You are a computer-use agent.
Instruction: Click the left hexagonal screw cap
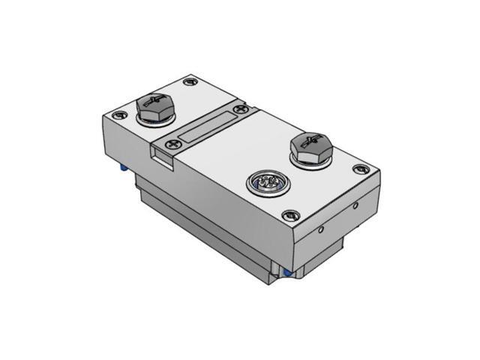[155, 106]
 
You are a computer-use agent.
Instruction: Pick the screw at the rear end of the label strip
[241, 109]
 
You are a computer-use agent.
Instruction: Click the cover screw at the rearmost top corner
[190, 79]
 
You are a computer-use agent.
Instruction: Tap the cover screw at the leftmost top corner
[119, 115]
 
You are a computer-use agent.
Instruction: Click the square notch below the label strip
[161, 154]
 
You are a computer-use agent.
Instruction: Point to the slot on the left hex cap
[155, 100]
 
